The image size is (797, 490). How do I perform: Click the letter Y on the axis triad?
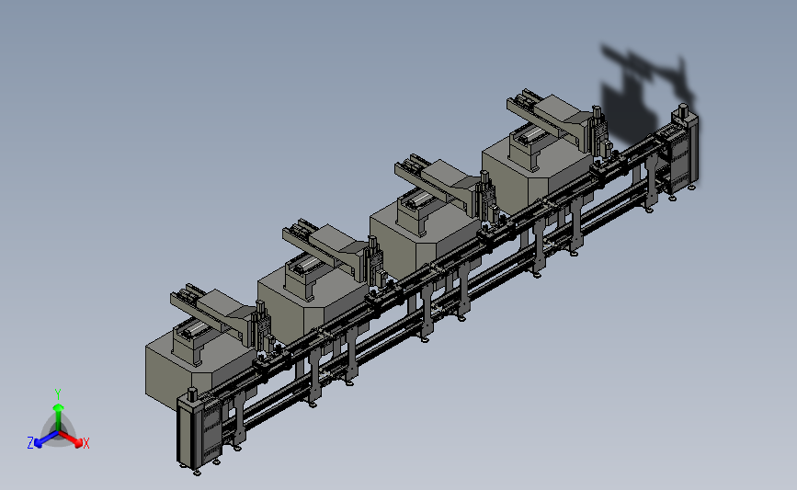(x=58, y=394)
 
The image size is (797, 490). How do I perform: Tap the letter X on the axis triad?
(x=85, y=443)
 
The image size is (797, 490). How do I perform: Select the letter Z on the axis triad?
(x=30, y=443)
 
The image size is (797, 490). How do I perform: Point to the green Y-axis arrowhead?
(x=59, y=407)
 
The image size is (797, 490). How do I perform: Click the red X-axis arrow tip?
(x=78, y=443)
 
